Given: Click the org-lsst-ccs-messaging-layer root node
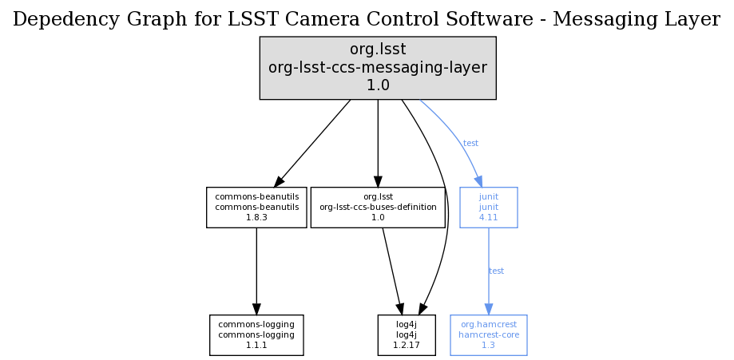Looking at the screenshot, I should pyautogui.click(x=378, y=68).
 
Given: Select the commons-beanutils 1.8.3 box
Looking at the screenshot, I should pyautogui.click(x=256, y=207).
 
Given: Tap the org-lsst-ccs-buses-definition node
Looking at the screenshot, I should pyautogui.click(x=378, y=207).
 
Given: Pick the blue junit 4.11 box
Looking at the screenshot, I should pyautogui.click(x=488, y=207).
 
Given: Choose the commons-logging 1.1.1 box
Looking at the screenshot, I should pyautogui.click(x=256, y=334).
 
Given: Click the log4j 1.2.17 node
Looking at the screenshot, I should pyautogui.click(x=406, y=334).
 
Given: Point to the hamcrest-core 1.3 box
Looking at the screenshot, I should pyautogui.click(x=488, y=334).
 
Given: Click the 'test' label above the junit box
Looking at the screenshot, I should pyautogui.click(x=470, y=144).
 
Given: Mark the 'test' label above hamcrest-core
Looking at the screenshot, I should pyautogui.click(x=496, y=271).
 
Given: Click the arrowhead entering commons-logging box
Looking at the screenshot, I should pyautogui.click(x=256, y=309).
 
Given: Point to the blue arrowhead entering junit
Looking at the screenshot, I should pyautogui.click(x=478, y=180).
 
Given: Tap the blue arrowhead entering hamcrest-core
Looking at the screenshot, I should pyautogui.click(x=488, y=309).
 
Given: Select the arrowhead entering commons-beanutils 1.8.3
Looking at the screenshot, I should pyautogui.click(x=280, y=181).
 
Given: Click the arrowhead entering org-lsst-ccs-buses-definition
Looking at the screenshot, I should pyautogui.click(x=378, y=181).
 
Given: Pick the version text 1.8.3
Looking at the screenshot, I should pyautogui.click(x=256, y=217).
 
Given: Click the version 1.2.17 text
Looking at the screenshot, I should pyautogui.click(x=406, y=345).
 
